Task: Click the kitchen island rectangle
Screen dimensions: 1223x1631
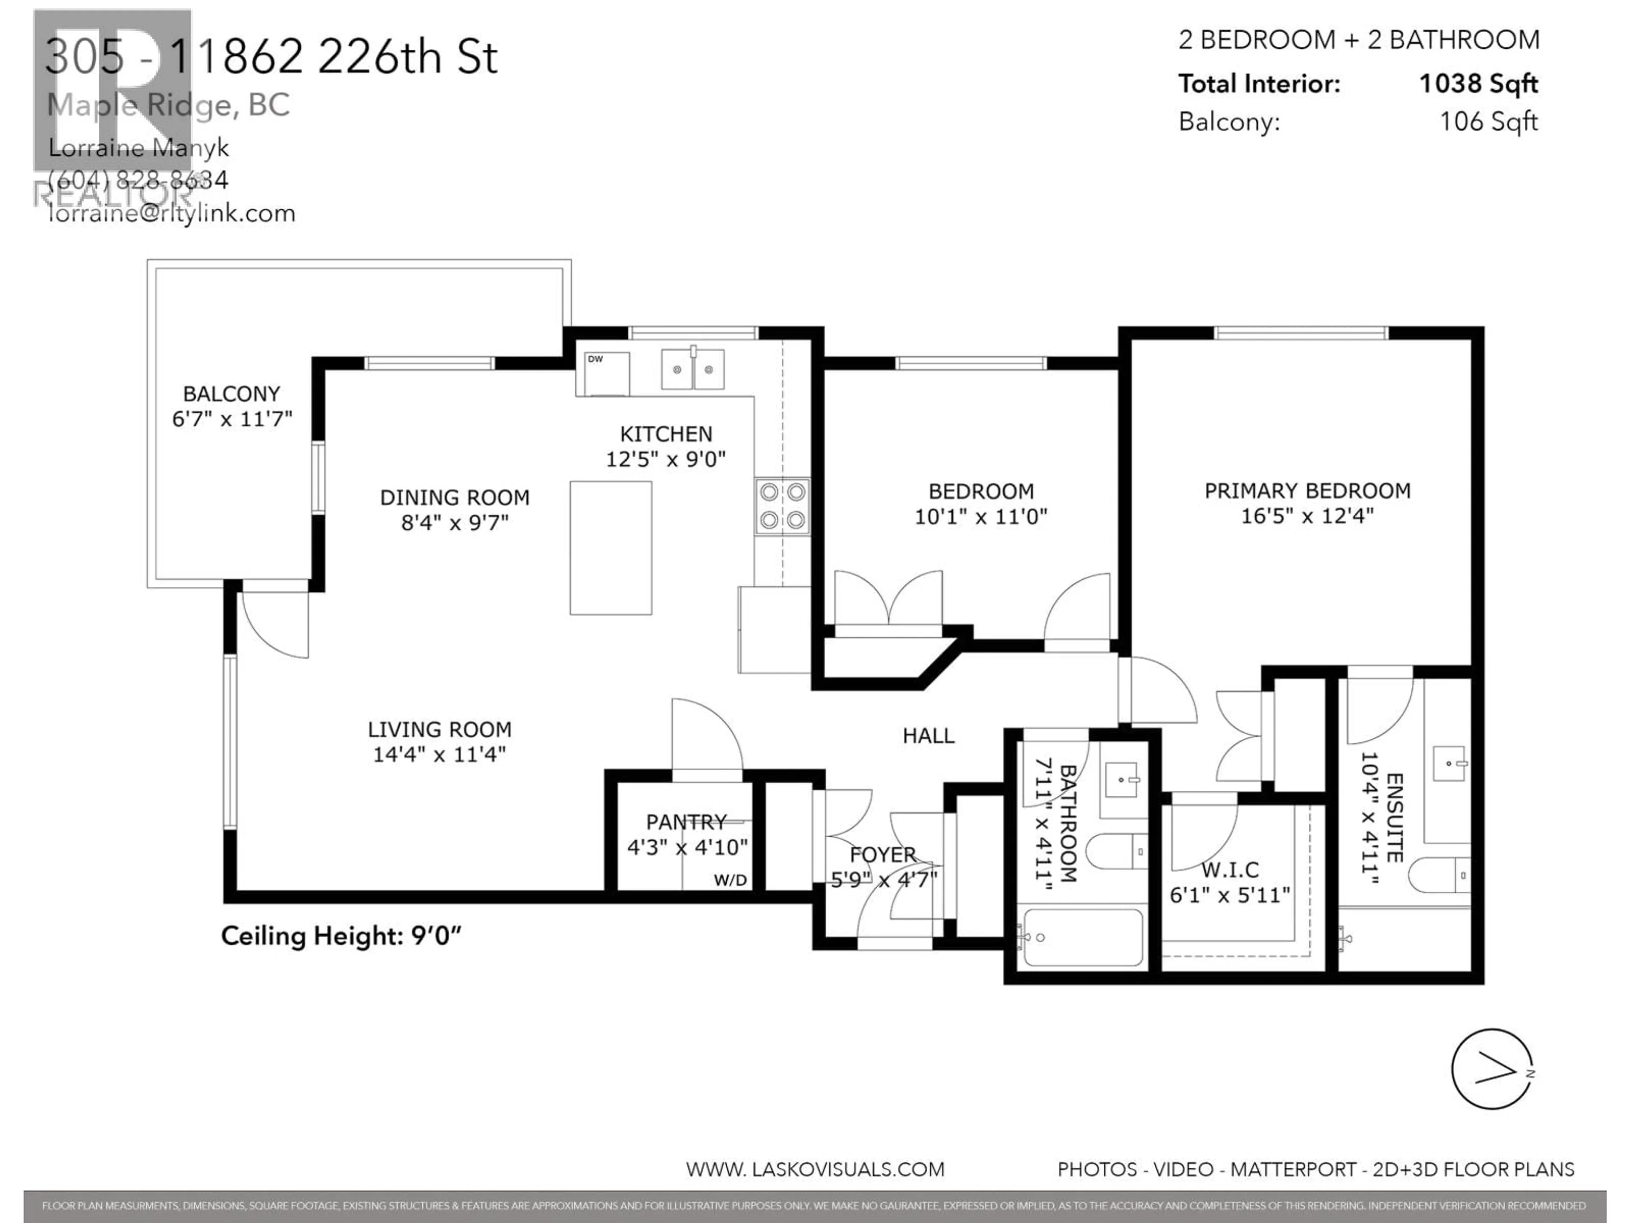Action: (x=610, y=548)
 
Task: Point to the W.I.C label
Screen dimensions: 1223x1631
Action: (x=1230, y=870)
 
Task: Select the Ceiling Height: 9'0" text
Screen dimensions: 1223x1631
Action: (x=341, y=936)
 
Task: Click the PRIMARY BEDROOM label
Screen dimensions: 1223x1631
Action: (x=1307, y=491)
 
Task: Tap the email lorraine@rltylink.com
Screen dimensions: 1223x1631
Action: (x=171, y=214)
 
